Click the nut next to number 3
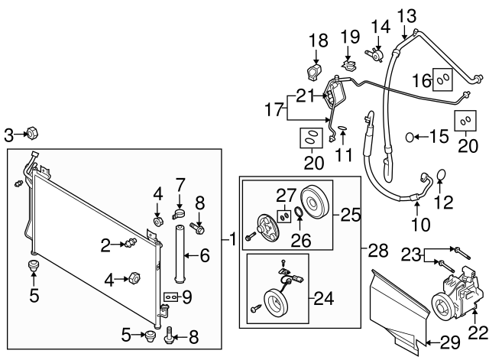(x=33, y=135)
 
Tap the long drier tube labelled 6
(x=183, y=256)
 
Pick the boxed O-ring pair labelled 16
(x=443, y=79)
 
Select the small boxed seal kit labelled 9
(x=170, y=295)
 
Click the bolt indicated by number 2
(x=130, y=244)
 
